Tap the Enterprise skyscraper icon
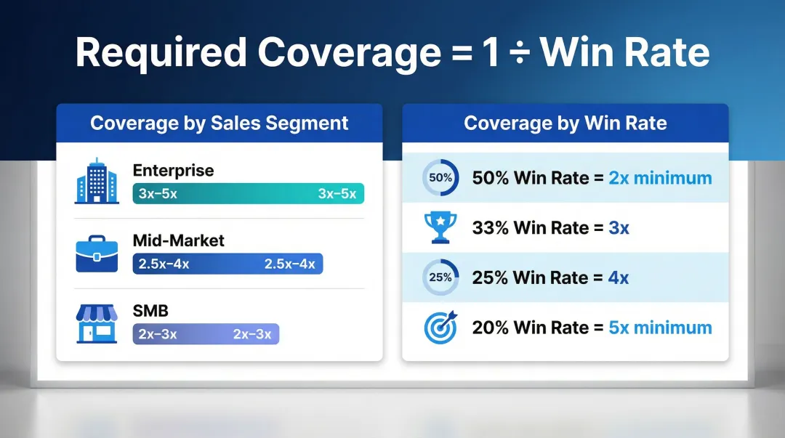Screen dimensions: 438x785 [x=96, y=182]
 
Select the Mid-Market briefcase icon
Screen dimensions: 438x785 [x=96, y=252]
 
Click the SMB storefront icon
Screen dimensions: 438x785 [x=96, y=323]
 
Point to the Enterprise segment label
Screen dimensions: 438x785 [x=173, y=171]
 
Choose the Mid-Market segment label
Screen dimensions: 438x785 [x=179, y=240]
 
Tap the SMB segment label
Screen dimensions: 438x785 [x=150, y=311]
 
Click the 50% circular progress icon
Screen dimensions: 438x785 [x=440, y=178]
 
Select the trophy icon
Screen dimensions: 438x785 [x=440, y=227]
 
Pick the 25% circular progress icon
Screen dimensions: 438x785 [x=440, y=277]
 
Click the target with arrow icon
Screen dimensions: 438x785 [x=440, y=327]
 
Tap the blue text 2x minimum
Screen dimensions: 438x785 [x=660, y=178]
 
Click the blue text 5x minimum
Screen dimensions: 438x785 [x=660, y=328]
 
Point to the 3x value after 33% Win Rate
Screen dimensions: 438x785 [x=619, y=228]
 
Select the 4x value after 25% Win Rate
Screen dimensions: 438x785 [x=619, y=277]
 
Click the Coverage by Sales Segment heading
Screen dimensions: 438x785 [x=220, y=123]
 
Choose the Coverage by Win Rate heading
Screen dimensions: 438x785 [x=565, y=123]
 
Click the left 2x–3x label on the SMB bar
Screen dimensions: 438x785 [x=158, y=334]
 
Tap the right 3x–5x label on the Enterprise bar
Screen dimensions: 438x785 [x=337, y=193]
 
